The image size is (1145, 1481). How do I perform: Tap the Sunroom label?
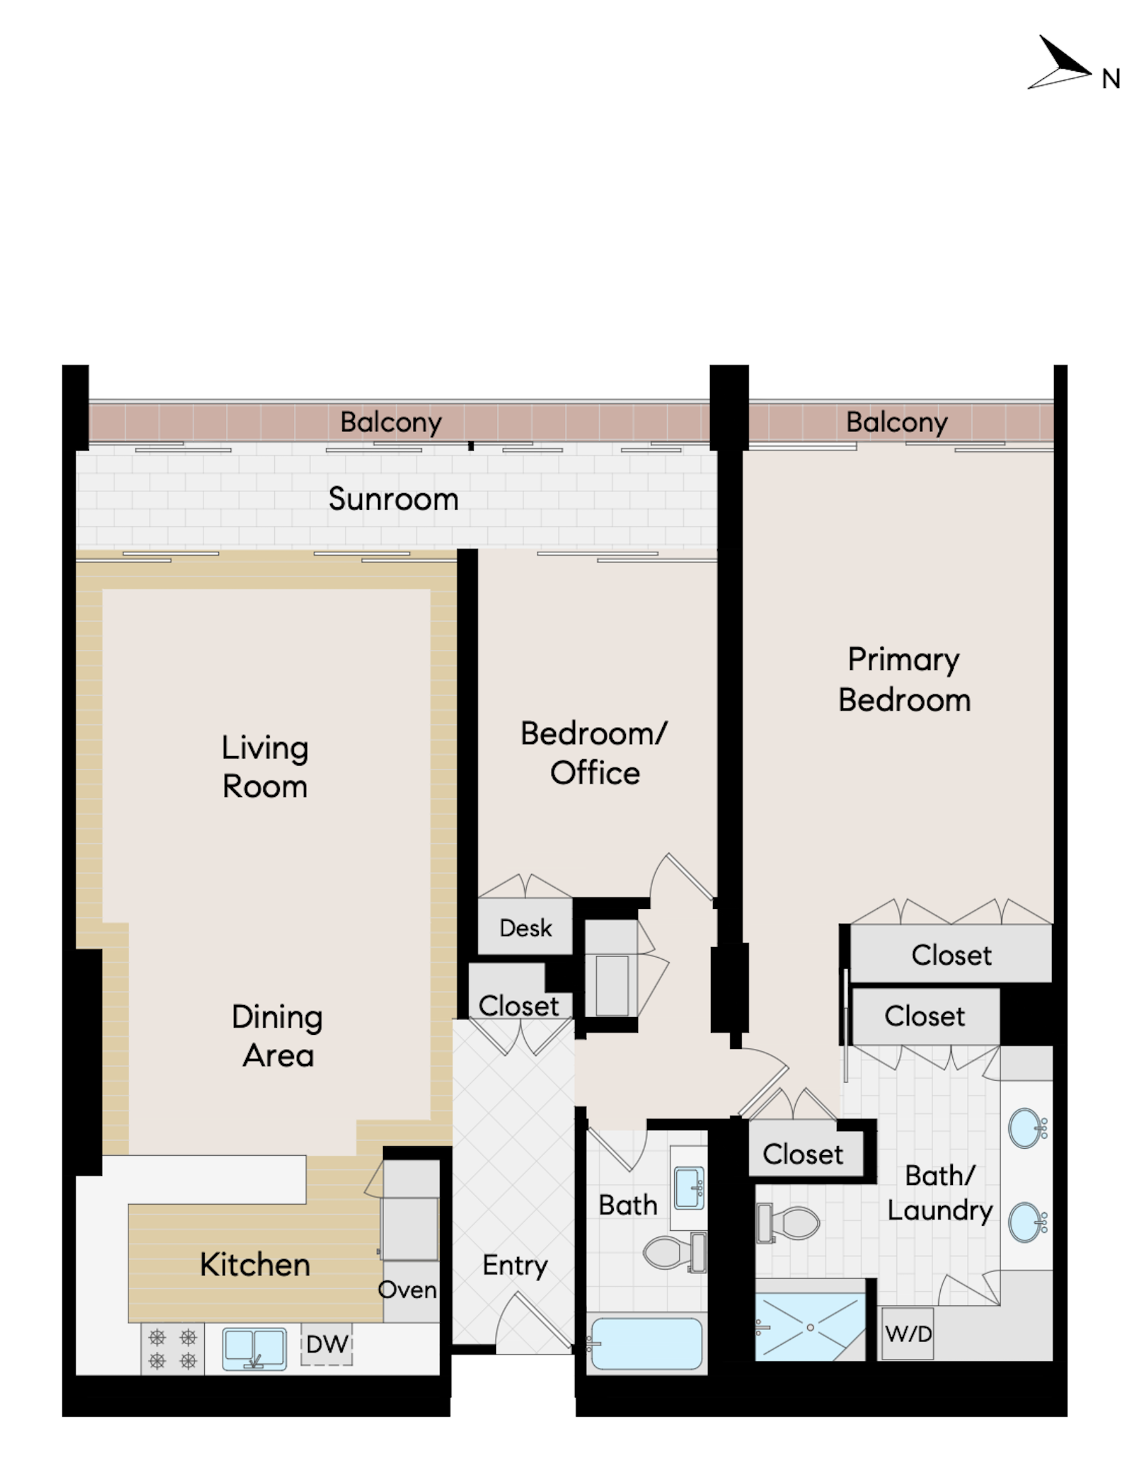click(393, 499)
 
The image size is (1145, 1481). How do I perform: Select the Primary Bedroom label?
click(905, 680)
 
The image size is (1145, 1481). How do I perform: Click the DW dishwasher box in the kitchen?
click(327, 1344)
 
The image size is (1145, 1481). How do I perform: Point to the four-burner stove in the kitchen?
click(172, 1349)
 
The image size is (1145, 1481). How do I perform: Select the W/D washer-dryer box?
click(908, 1334)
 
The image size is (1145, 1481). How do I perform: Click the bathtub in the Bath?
click(646, 1344)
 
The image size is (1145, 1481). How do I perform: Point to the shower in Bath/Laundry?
click(810, 1327)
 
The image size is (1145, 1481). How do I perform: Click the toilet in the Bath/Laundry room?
click(788, 1223)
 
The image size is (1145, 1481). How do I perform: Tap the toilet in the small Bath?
click(675, 1252)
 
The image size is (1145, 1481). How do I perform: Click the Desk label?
click(525, 929)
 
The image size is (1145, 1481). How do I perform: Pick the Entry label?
click(515, 1265)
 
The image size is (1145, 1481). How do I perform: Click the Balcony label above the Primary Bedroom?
click(896, 422)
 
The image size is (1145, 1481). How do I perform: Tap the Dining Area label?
click(277, 1035)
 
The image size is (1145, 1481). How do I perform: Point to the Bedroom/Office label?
click(594, 753)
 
